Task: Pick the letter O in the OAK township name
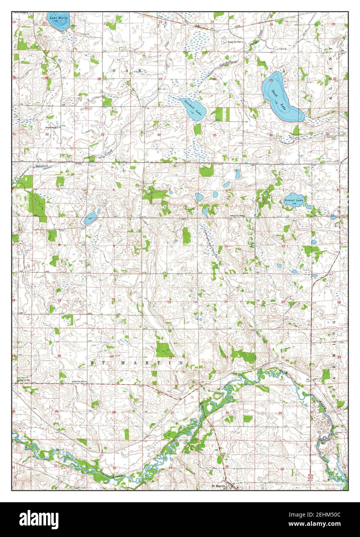tap(114, 70)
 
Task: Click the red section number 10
tap(168, 242)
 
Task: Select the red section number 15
tap(169, 302)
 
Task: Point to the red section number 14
tap(226, 301)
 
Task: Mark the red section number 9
tap(114, 246)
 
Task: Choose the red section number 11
tap(225, 246)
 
